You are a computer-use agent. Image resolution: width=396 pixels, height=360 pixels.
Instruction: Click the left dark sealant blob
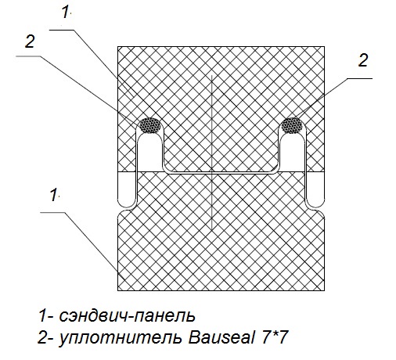click(x=149, y=125)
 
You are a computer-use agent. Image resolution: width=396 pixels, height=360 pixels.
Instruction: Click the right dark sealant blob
click(x=292, y=125)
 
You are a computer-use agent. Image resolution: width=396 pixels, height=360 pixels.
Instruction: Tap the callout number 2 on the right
click(x=362, y=60)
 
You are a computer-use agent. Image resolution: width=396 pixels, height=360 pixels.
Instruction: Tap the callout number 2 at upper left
click(x=30, y=41)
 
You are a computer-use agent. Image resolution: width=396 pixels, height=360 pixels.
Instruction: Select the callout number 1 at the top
click(x=66, y=12)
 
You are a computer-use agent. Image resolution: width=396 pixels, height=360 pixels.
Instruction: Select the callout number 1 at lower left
click(x=54, y=195)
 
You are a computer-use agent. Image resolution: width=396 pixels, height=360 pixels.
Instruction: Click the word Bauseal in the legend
click(x=221, y=338)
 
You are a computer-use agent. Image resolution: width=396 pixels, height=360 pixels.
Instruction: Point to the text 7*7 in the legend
click(x=275, y=337)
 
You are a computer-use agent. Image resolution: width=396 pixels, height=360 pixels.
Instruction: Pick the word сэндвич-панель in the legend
click(x=127, y=316)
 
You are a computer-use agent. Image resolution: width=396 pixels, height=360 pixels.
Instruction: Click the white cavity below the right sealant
click(x=292, y=153)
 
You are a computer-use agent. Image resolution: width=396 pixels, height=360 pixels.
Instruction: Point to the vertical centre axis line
click(x=212, y=152)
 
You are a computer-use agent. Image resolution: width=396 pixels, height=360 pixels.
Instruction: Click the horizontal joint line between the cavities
click(x=221, y=173)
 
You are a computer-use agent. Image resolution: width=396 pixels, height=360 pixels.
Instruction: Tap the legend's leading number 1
click(x=42, y=316)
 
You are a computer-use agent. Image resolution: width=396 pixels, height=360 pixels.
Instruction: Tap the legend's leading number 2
click(x=42, y=338)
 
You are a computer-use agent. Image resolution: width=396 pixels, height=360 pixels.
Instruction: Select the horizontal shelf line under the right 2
click(x=361, y=78)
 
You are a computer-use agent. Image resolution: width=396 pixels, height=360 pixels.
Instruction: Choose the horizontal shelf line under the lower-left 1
click(x=52, y=212)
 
